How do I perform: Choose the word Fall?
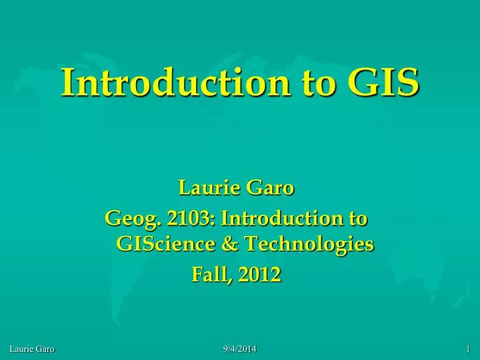coord(210,274)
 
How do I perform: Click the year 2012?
coord(261,274)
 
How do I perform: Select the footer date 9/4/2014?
coord(239,349)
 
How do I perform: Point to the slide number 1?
coord(469,349)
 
